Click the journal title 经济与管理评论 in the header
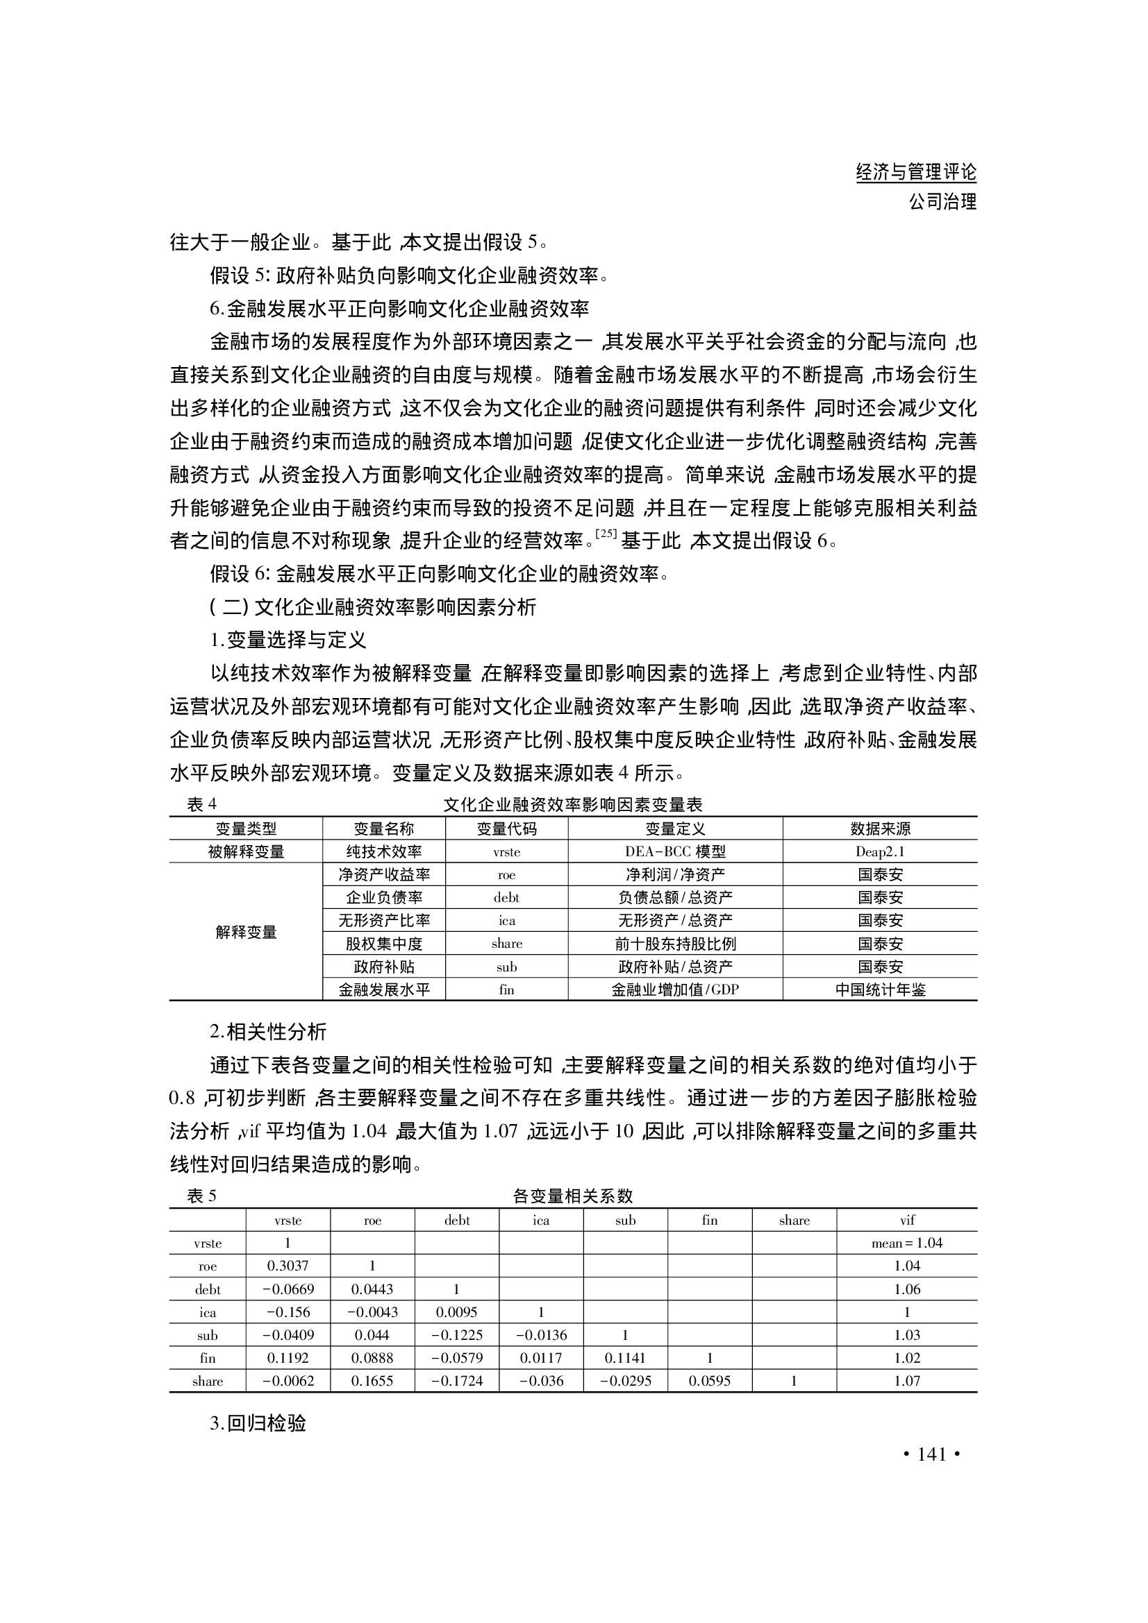tap(915, 172)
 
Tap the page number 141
tap(931, 1454)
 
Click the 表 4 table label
tap(201, 804)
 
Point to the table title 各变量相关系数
tap(572, 1196)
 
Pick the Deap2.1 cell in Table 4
tap(880, 852)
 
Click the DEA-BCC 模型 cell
tap(675, 852)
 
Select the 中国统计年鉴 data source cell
tap(880, 989)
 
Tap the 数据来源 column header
tap(880, 829)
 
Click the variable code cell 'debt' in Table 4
tap(506, 898)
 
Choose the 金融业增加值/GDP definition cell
tap(675, 989)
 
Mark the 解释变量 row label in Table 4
tap(245, 933)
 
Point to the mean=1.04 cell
tap(907, 1243)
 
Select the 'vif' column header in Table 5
tap(907, 1220)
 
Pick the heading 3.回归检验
tap(258, 1423)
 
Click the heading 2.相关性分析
tap(268, 1032)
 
